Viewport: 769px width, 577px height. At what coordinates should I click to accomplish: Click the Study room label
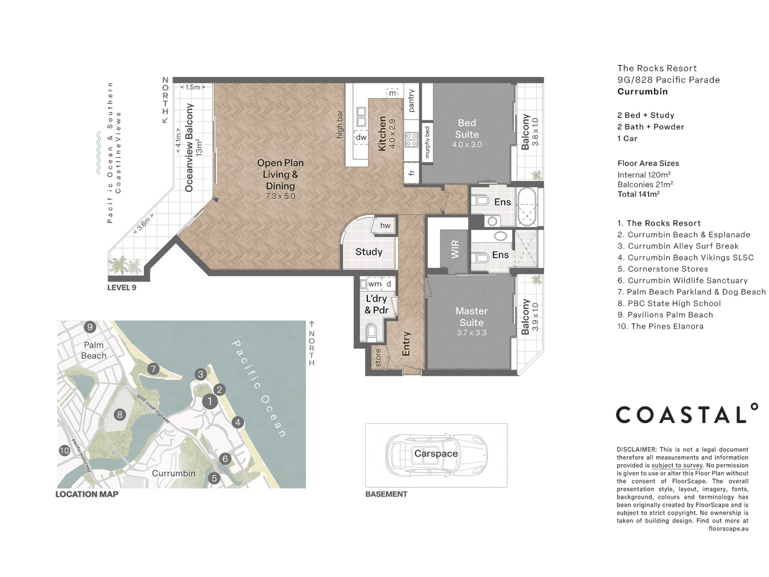368,252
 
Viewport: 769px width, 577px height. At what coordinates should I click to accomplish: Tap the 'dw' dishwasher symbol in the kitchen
362,137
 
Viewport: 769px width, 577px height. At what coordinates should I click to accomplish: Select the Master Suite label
472,317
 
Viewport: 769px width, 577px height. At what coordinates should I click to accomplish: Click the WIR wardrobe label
455,249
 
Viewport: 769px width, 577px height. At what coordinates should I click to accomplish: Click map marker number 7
153,369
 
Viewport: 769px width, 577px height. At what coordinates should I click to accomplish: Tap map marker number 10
65,450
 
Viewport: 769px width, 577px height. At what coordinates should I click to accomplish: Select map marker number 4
238,422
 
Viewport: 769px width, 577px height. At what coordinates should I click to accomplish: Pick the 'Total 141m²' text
639,194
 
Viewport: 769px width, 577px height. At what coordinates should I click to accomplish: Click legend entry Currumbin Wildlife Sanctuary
682,280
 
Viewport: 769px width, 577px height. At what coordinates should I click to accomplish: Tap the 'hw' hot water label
385,225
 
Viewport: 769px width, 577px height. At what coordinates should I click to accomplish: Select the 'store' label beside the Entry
378,357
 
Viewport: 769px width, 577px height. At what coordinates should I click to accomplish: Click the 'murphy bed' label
427,142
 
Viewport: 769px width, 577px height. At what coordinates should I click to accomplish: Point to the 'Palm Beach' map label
93,350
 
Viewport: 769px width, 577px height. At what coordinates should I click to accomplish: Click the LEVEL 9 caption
122,287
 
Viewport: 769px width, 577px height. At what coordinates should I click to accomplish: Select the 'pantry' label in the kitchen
411,100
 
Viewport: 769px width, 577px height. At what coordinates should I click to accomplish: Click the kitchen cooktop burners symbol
411,140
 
